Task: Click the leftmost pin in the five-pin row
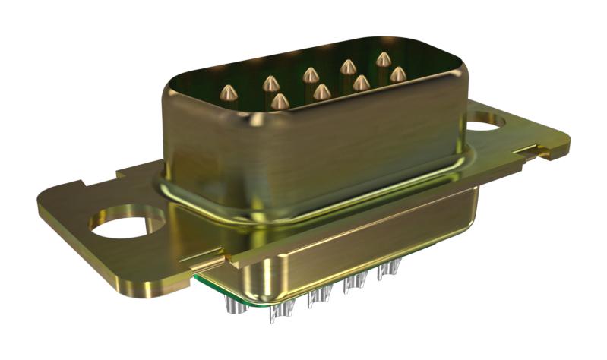coord(228,93)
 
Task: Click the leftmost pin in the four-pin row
coord(280,101)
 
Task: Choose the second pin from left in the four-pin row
coord(321,92)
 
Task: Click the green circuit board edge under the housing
coord(220,289)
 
